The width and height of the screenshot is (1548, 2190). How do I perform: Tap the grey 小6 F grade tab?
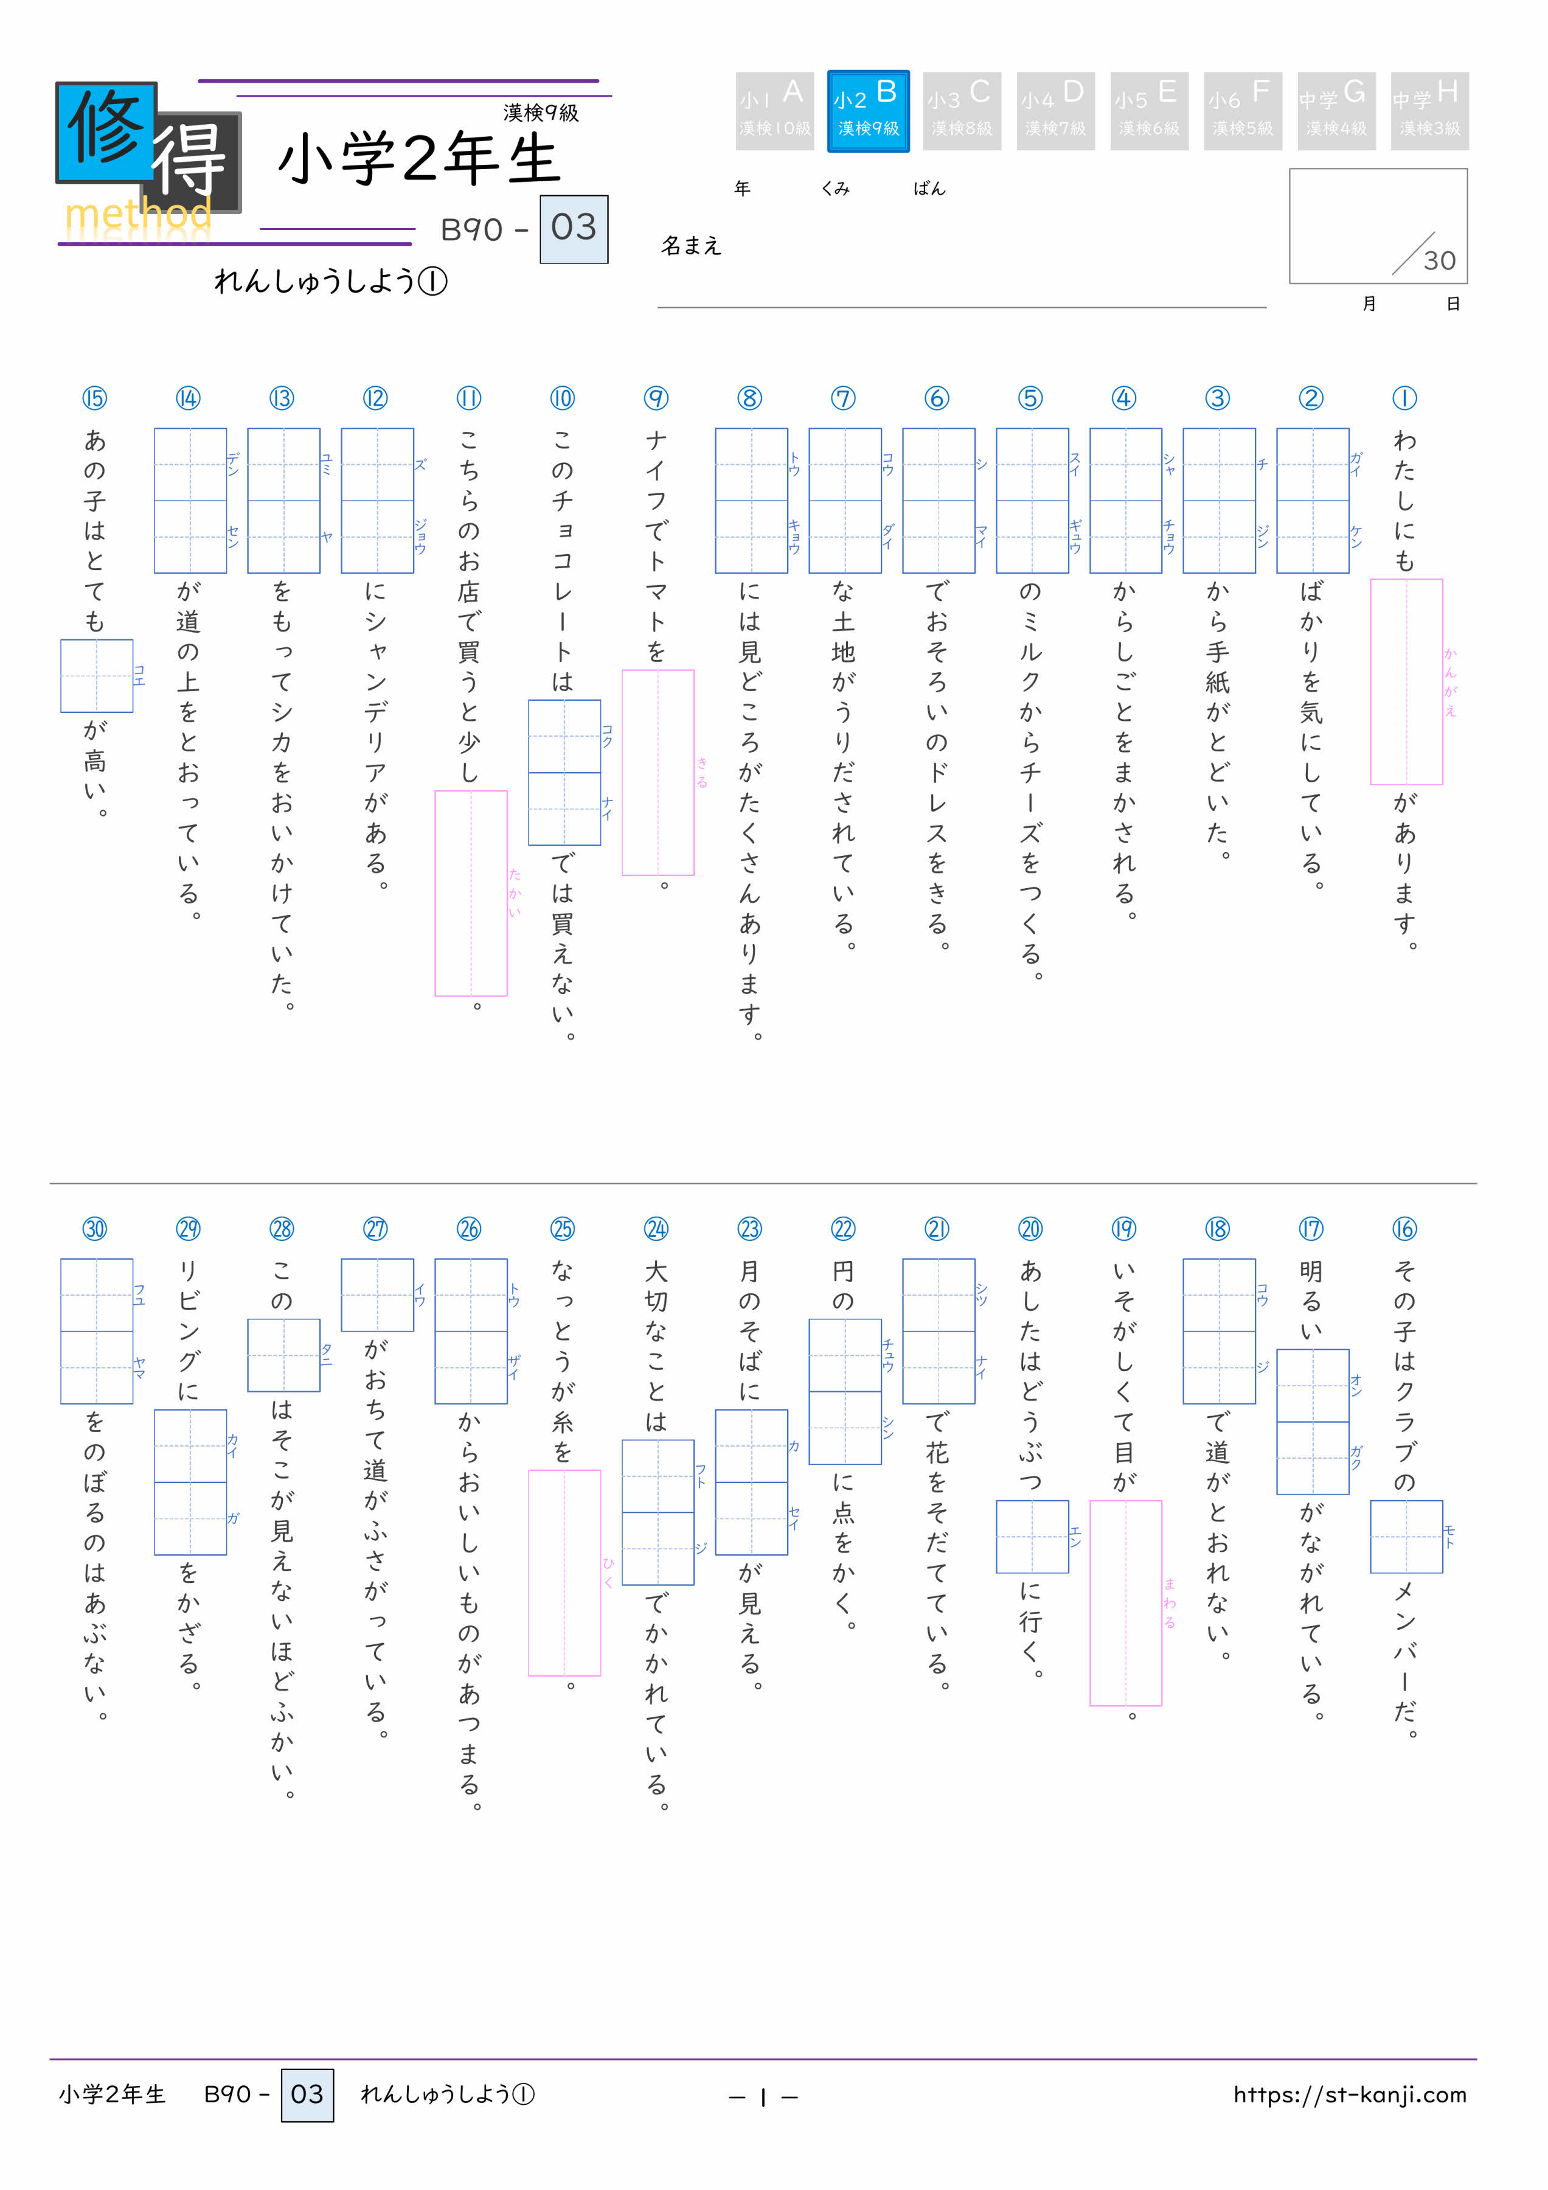click(x=1242, y=111)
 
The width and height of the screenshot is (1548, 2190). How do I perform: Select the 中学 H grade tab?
click(x=1429, y=111)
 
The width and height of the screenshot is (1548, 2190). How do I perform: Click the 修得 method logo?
click(x=148, y=158)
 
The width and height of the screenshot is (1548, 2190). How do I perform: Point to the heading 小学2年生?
click(x=418, y=159)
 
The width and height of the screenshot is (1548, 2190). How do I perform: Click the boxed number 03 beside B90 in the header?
click(x=573, y=229)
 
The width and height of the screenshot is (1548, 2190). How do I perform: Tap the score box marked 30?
click(x=1377, y=226)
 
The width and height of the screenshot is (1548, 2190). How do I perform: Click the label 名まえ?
click(x=692, y=246)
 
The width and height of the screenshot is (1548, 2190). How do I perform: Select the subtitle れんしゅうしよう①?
click(x=330, y=282)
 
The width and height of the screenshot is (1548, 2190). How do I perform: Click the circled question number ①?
click(x=1404, y=398)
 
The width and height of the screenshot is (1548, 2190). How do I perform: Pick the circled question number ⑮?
click(x=94, y=398)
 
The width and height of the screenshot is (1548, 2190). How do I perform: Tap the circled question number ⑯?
click(x=1404, y=1229)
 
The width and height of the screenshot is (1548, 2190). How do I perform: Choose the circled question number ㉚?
click(x=94, y=1229)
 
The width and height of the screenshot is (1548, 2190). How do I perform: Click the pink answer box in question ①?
click(x=1406, y=682)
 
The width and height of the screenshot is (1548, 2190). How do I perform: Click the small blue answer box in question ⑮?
click(x=96, y=675)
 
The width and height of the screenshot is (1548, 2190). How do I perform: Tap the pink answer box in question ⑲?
click(x=1125, y=1602)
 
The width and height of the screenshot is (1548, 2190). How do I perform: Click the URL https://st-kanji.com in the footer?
click(x=1348, y=2094)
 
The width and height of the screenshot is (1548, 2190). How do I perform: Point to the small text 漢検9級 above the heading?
click(x=541, y=113)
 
